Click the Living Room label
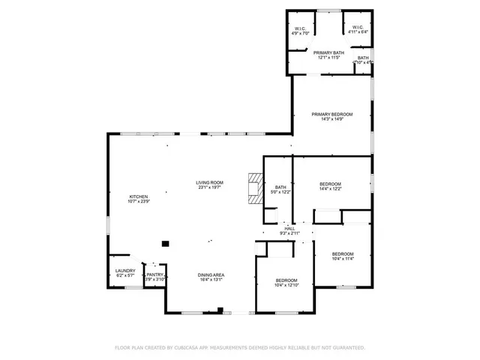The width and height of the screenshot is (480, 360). [210, 182]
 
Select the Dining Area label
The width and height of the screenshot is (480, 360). [211, 275]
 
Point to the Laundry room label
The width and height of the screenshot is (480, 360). [124, 271]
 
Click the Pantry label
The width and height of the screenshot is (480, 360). [154, 274]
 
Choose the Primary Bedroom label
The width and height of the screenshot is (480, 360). [331, 114]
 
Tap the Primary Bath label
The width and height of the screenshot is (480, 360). [327, 52]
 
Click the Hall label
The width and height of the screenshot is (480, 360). [289, 228]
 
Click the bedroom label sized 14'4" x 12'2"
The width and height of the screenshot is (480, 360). [330, 184]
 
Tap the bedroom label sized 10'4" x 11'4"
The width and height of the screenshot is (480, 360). [343, 253]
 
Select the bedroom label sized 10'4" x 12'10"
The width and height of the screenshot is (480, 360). [286, 280]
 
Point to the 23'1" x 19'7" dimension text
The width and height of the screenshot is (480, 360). [210, 187]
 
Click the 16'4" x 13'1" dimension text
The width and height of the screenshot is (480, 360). [211, 280]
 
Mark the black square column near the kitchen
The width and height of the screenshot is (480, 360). [166, 242]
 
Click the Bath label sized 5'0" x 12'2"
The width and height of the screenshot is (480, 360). [280, 187]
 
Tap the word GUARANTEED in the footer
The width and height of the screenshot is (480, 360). [347, 348]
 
